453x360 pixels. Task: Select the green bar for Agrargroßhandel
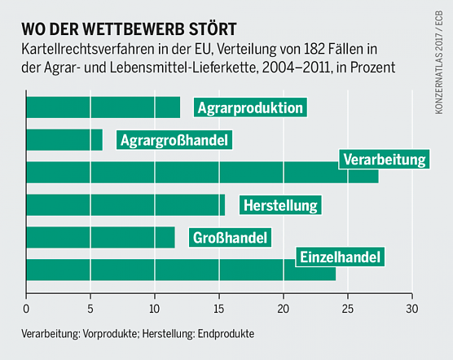64,140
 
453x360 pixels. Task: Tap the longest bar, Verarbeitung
179,173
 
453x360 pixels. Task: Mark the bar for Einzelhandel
163,270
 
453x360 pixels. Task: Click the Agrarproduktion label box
249,108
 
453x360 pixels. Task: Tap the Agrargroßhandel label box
174,140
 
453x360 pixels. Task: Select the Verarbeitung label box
385,158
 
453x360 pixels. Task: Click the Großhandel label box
231,238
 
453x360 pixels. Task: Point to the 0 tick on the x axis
27,309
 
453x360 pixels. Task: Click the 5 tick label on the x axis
91,309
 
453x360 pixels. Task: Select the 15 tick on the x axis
219,309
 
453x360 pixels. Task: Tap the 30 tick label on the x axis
412,309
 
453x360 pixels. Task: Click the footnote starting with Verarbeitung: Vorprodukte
139,334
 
